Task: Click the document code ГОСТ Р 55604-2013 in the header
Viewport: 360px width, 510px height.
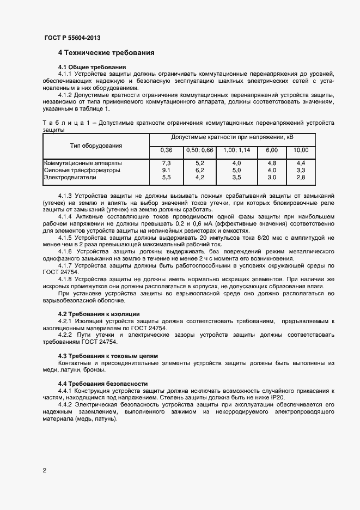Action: point(72,38)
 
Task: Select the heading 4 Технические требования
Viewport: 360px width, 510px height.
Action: point(106,53)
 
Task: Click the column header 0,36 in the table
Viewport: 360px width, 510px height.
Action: point(166,150)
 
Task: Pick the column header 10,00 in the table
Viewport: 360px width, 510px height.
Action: point(301,150)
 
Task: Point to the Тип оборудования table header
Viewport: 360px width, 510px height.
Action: point(96,145)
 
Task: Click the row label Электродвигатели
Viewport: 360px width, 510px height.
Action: point(69,177)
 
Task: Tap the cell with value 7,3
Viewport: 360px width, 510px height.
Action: point(166,163)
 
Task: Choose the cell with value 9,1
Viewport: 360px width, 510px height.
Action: point(166,170)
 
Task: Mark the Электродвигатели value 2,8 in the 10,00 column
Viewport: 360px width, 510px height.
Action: point(301,177)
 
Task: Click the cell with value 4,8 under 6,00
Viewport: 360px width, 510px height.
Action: point(272,163)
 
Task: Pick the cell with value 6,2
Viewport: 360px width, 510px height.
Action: point(199,170)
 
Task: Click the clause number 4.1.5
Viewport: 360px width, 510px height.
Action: point(65,223)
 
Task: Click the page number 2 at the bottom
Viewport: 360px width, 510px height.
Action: point(45,470)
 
